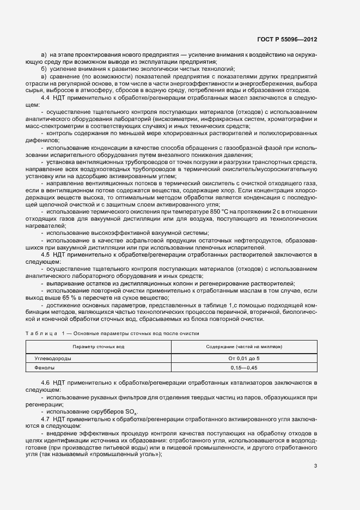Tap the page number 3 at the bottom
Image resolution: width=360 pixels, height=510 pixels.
[x=316, y=466]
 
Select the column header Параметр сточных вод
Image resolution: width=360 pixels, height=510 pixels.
[x=99, y=347]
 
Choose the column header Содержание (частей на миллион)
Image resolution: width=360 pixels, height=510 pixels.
[x=243, y=347]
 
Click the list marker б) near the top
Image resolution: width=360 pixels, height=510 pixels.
[x=44, y=69]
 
